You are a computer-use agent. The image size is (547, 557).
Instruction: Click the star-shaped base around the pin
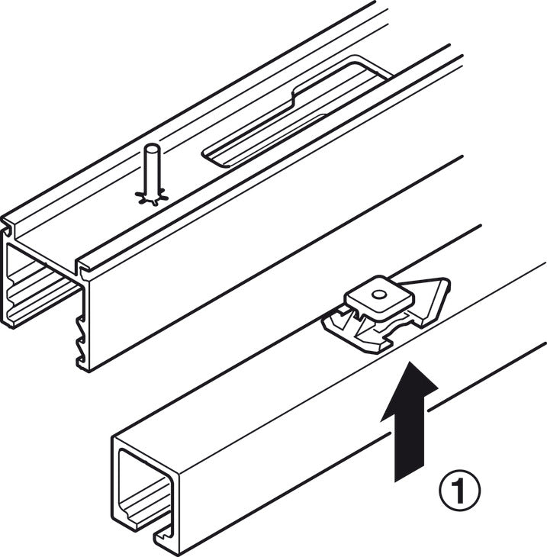tap(151, 198)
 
